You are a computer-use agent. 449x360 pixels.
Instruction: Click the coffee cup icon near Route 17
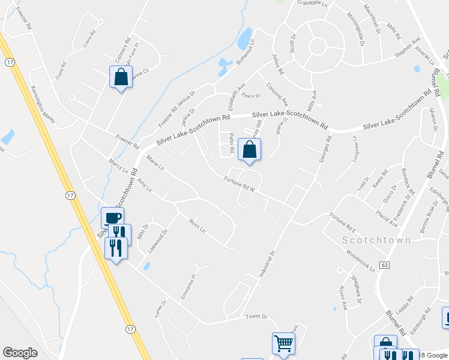(x=112, y=218)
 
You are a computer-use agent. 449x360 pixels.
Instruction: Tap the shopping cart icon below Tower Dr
(x=283, y=344)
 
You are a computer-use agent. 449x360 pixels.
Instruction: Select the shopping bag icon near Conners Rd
(x=121, y=77)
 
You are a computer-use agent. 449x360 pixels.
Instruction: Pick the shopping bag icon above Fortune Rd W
(x=249, y=151)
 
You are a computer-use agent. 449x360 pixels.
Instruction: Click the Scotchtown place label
(x=377, y=240)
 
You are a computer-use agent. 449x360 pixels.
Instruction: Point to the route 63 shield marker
(x=385, y=265)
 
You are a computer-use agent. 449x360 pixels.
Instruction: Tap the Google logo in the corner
(x=20, y=353)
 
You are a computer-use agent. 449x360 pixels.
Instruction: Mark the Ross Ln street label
(x=197, y=229)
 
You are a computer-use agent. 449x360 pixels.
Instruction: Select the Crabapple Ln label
(x=312, y=3)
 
